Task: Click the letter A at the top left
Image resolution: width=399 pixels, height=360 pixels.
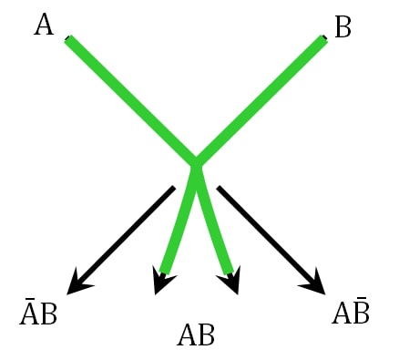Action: tap(44, 25)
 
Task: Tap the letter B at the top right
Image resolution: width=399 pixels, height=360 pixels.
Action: tap(343, 27)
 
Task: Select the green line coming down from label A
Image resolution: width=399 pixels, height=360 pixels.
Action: tap(128, 98)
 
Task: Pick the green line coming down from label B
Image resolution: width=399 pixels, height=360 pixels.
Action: tap(262, 98)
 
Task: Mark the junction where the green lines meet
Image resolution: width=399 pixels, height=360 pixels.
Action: tap(195, 163)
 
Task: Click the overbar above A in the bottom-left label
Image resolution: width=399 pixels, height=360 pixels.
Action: tap(28, 298)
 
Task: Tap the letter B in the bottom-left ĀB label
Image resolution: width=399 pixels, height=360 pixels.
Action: tap(48, 315)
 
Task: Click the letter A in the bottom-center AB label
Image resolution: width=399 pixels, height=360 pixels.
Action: tap(186, 335)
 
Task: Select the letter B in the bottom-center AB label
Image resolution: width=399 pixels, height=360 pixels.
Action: tap(206, 335)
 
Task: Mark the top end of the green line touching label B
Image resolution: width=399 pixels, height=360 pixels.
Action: tap(323, 39)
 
